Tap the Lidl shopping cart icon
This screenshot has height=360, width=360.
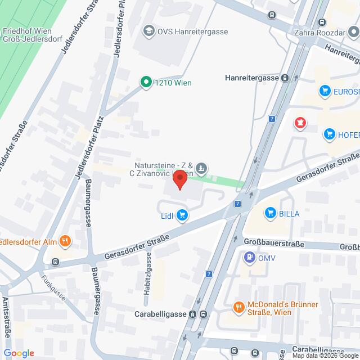[182, 214]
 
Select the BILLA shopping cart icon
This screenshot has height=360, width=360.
[271, 213]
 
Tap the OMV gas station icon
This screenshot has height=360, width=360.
[249, 258]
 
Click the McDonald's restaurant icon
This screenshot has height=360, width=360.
[238, 307]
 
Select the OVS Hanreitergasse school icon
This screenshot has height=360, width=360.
[149, 31]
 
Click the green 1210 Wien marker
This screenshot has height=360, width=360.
[146, 83]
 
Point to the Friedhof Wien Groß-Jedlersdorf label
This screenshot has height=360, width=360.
[28, 35]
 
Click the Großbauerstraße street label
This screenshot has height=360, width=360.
[274, 244]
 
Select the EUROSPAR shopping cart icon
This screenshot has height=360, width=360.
[324, 90]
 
